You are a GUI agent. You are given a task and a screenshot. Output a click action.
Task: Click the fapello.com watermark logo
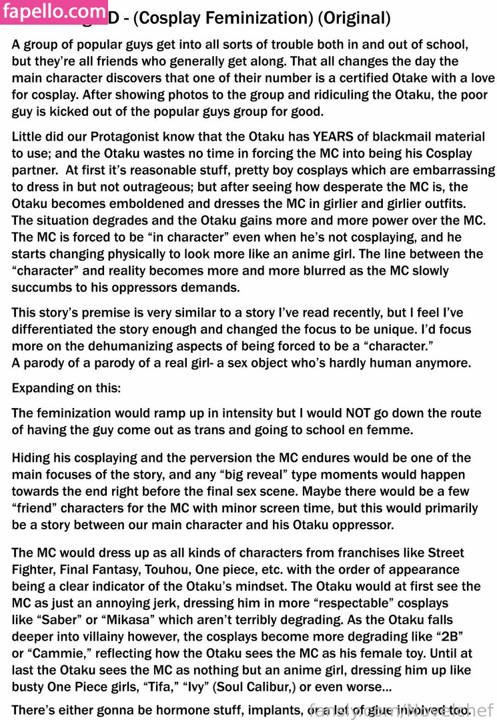point(55,11)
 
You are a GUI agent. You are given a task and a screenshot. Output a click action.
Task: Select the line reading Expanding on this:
point(66,388)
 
